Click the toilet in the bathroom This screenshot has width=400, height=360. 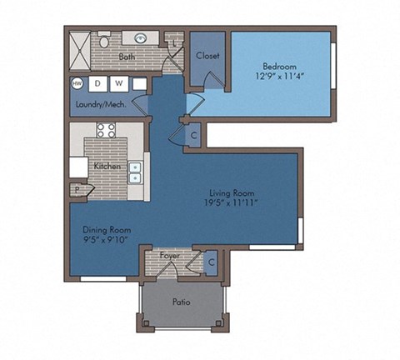[x=105, y=40]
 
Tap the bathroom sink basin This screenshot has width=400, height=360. [x=140, y=38]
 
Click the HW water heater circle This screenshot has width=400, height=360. [x=77, y=83]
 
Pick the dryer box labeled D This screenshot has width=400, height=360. [x=97, y=83]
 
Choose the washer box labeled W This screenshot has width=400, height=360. [x=118, y=83]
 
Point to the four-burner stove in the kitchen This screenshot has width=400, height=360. [x=106, y=129]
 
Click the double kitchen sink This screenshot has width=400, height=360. [x=134, y=171]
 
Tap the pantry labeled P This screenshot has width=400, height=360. [x=77, y=190]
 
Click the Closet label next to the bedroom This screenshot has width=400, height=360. [x=207, y=56]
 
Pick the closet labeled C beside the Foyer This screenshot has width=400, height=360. [x=212, y=261]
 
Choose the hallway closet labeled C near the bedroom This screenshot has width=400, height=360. [x=192, y=136]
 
